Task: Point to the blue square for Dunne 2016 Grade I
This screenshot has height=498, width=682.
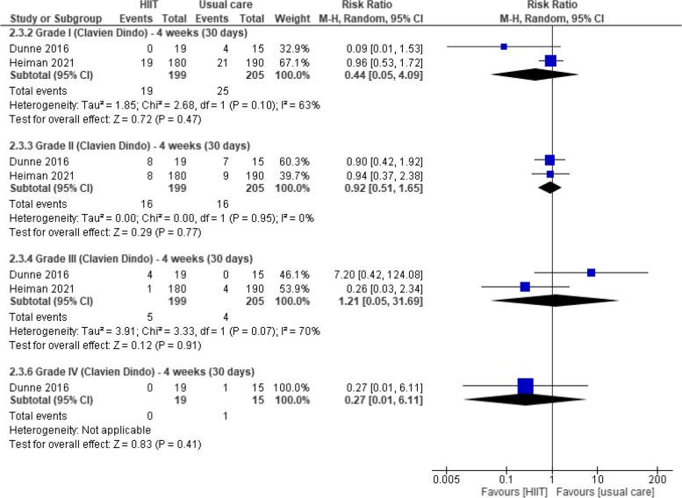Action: coord(504,46)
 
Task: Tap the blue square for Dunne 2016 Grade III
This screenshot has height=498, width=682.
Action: coord(591,273)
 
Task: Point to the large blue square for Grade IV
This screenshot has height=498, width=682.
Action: coord(525,386)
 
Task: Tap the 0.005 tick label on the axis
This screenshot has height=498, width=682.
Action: coord(446,480)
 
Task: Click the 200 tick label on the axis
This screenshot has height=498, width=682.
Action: coord(654,480)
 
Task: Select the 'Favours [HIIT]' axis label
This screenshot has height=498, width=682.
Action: coord(508,492)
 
